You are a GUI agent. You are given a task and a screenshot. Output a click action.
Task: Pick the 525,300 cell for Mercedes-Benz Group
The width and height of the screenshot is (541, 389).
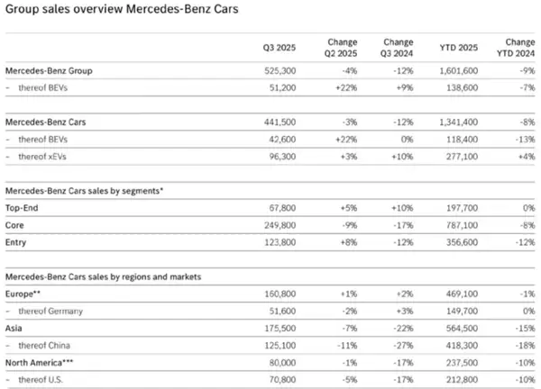point(278,70)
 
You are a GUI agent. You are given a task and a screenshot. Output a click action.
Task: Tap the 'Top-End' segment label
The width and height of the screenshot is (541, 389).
point(22,207)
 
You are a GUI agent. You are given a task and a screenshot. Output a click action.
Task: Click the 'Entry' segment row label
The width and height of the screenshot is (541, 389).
point(17,241)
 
